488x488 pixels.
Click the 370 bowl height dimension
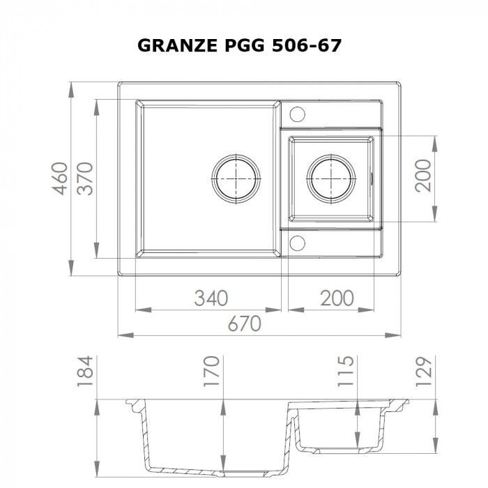click(84, 178)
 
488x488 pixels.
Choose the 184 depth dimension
click(84, 372)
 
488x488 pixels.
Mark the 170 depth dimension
click(212, 372)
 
